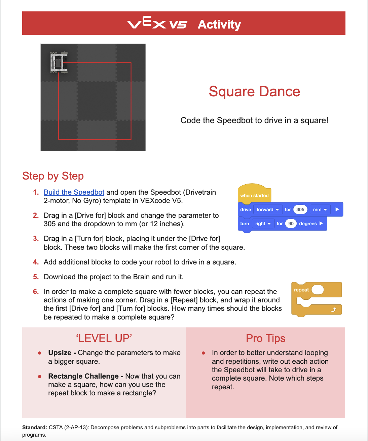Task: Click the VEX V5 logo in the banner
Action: (157, 23)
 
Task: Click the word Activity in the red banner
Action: (219, 24)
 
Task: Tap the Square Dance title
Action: (254, 92)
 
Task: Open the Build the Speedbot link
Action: (74, 192)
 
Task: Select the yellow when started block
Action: (254, 195)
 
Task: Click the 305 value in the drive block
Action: (300, 209)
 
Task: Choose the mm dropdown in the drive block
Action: (320, 209)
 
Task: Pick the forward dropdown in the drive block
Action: (267, 209)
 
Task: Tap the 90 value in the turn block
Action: (291, 224)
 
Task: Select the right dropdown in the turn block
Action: (263, 224)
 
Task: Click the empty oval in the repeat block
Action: (318, 290)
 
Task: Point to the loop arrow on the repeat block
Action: (333, 309)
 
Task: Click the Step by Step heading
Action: (53, 176)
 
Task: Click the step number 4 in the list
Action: (36, 262)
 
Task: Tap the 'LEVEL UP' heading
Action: (104, 338)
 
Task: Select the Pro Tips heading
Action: (265, 338)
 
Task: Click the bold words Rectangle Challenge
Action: (83, 376)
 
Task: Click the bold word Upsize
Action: (60, 353)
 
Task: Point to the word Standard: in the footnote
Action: (35, 428)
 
